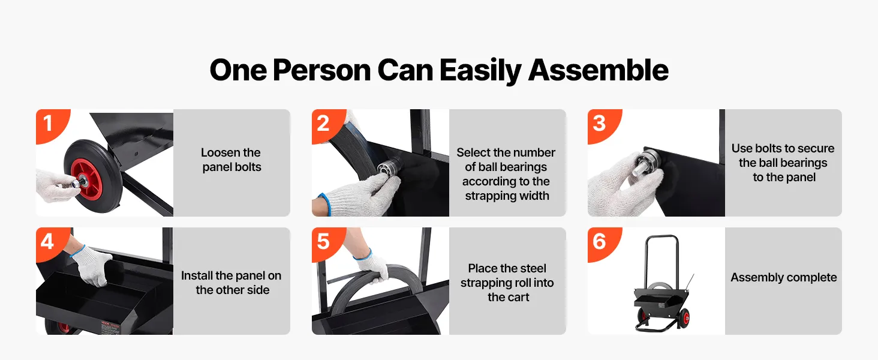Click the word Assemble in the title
pyautogui.click(x=599, y=71)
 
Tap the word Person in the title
pyautogui.click(x=322, y=71)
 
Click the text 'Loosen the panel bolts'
pyautogui.click(x=231, y=160)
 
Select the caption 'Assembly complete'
pyautogui.click(x=783, y=278)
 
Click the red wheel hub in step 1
pyautogui.click(x=87, y=180)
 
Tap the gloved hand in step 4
pyautogui.click(x=92, y=265)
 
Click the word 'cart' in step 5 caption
pyautogui.click(x=518, y=297)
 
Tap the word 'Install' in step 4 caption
pyautogui.click(x=197, y=275)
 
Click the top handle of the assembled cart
pyautogui.click(x=662, y=237)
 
